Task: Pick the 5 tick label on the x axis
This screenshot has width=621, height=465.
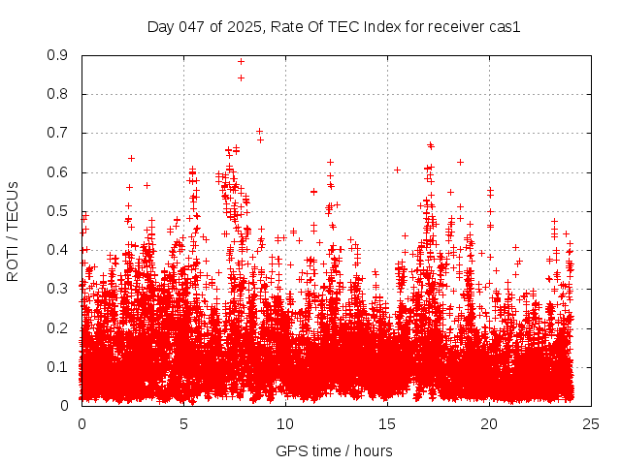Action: pos(183,423)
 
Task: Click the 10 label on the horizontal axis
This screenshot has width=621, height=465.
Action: pos(285,423)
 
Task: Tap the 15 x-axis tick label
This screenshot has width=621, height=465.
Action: pos(387,423)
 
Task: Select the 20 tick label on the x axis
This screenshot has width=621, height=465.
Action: pos(489,423)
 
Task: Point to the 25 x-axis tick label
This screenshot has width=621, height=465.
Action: pos(591,423)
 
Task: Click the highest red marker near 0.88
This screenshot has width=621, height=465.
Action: pos(241,62)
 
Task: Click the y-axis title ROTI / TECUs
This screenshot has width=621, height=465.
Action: pos(13,231)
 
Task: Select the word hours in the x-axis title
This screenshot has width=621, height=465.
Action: pos(375,450)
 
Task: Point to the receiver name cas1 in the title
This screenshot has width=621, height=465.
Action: pos(505,27)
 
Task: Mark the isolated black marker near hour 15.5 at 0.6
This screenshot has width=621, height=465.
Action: pos(397,170)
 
